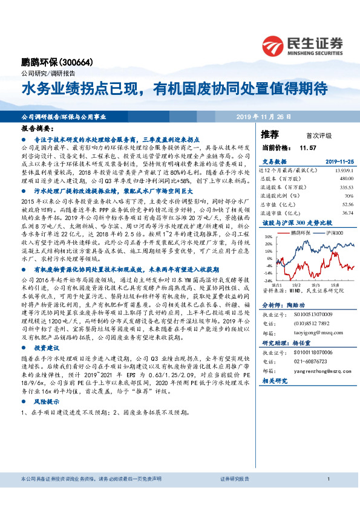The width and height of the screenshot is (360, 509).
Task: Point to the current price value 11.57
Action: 309,148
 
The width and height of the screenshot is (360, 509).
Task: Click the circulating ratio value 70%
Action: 349,196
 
